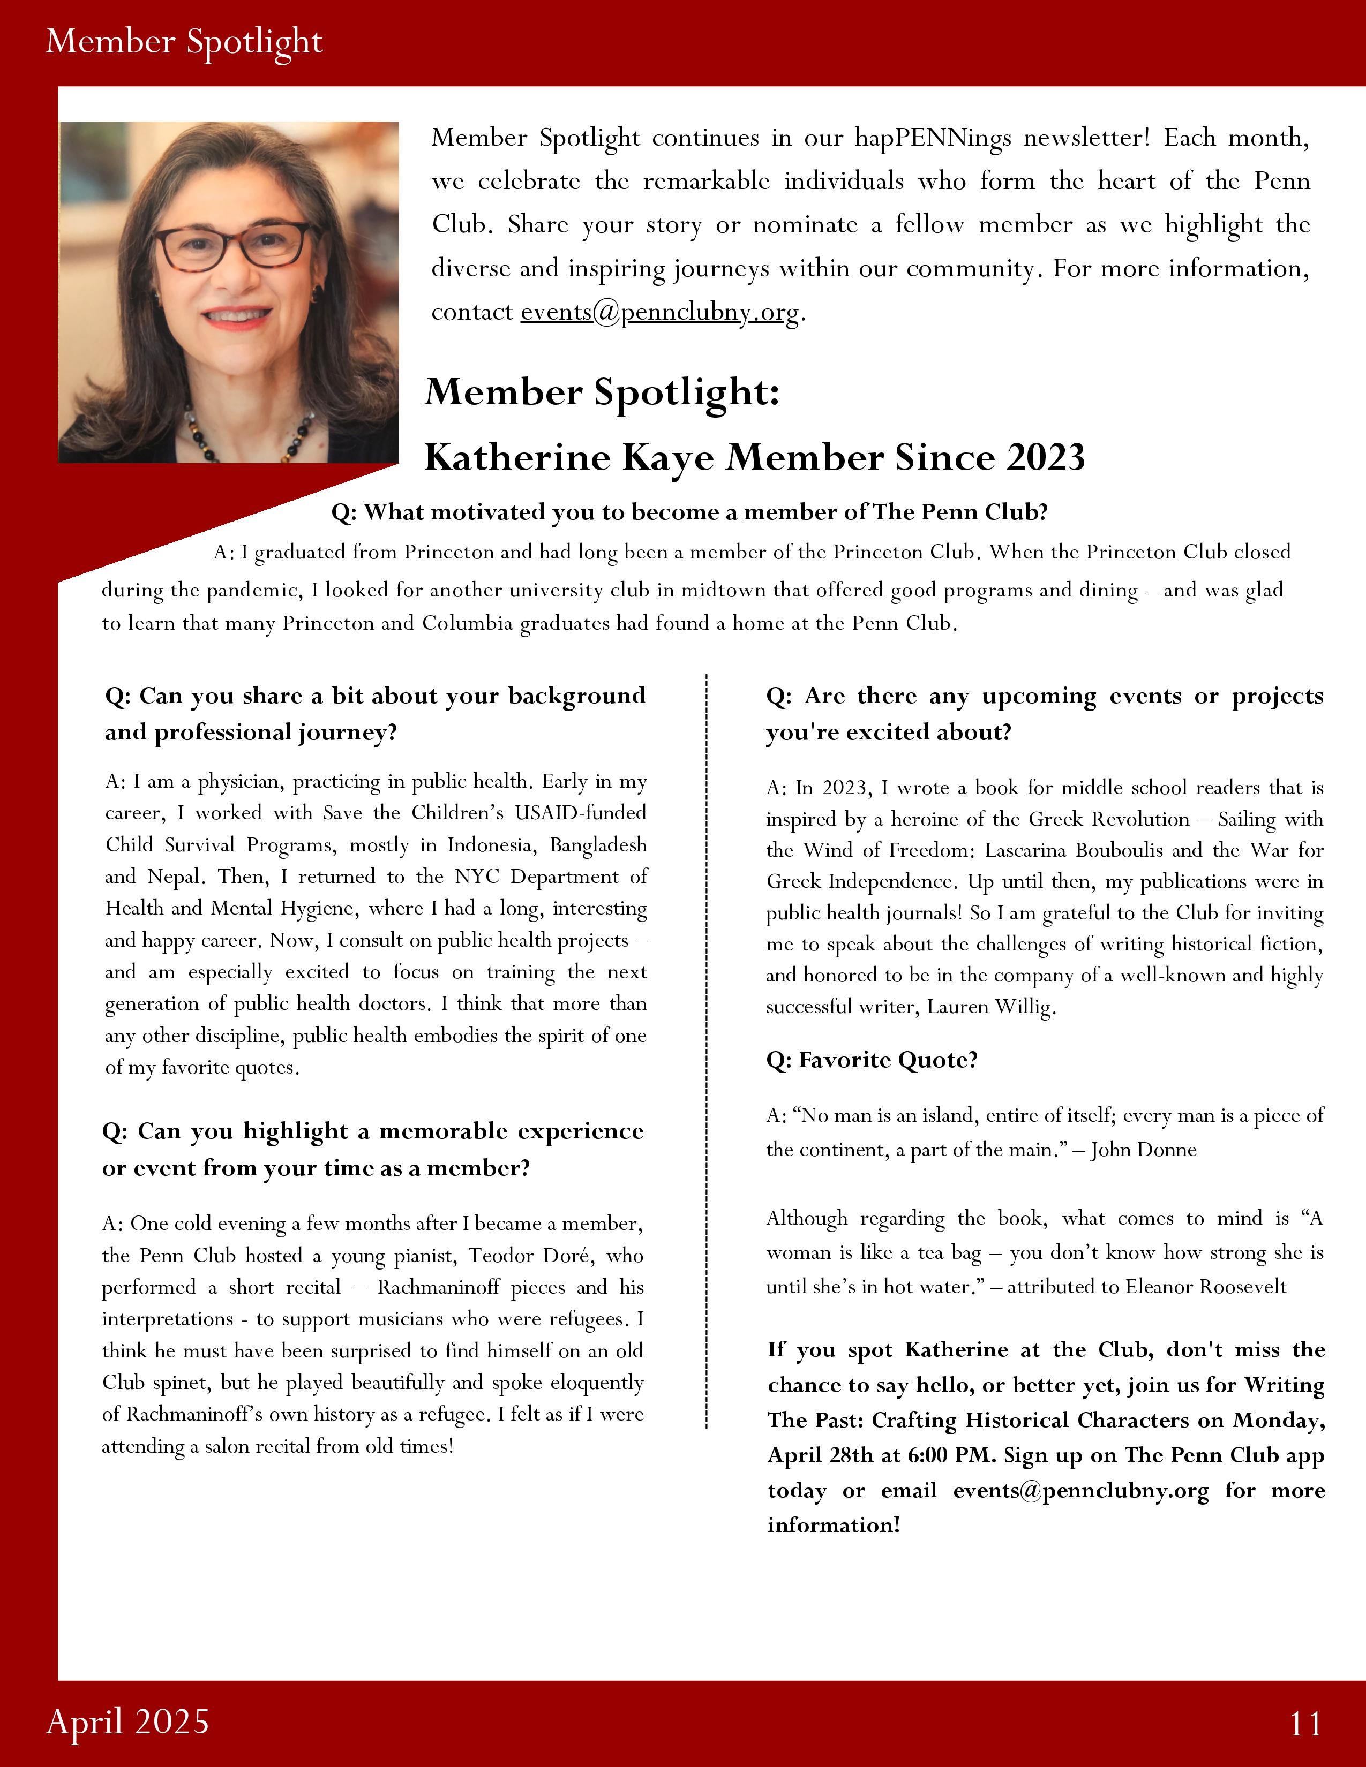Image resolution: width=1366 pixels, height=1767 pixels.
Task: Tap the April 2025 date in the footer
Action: tap(128, 1721)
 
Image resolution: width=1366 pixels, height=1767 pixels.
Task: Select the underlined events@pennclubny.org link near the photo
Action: tap(659, 312)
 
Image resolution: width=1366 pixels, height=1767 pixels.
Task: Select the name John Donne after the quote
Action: tap(1144, 1150)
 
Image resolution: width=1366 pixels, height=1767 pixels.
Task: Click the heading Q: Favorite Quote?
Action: tap(872, 1060)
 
